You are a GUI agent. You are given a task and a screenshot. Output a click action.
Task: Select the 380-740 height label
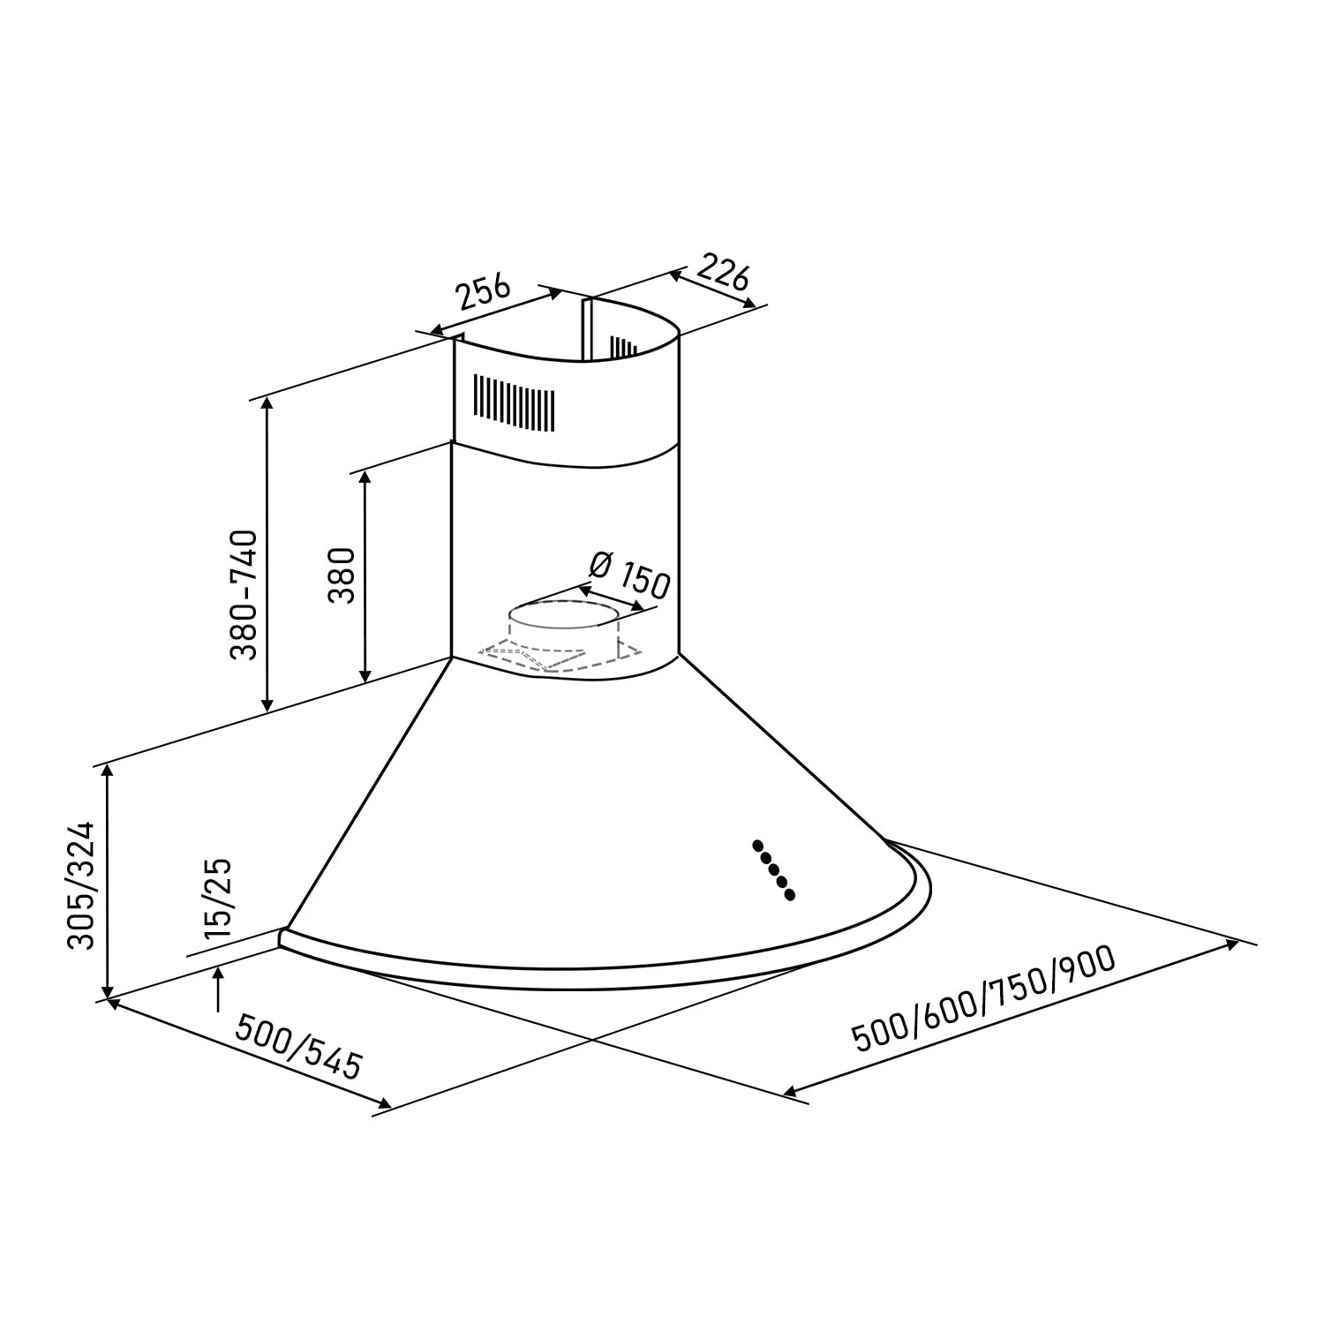pos(243,594)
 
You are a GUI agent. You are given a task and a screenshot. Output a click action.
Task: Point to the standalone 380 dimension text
pos(342,575)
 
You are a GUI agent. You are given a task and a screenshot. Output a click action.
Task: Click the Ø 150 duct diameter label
pos(628,574)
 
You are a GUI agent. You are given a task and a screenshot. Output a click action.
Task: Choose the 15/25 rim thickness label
pos(217,898)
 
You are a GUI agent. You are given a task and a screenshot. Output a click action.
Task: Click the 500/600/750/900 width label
pos(984,1000)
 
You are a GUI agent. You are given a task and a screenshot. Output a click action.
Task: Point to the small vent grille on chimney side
pos(624,346)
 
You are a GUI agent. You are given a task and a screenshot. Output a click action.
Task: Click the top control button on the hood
pos(757,845)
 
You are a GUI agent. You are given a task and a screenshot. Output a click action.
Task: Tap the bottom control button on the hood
pos(790,895)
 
